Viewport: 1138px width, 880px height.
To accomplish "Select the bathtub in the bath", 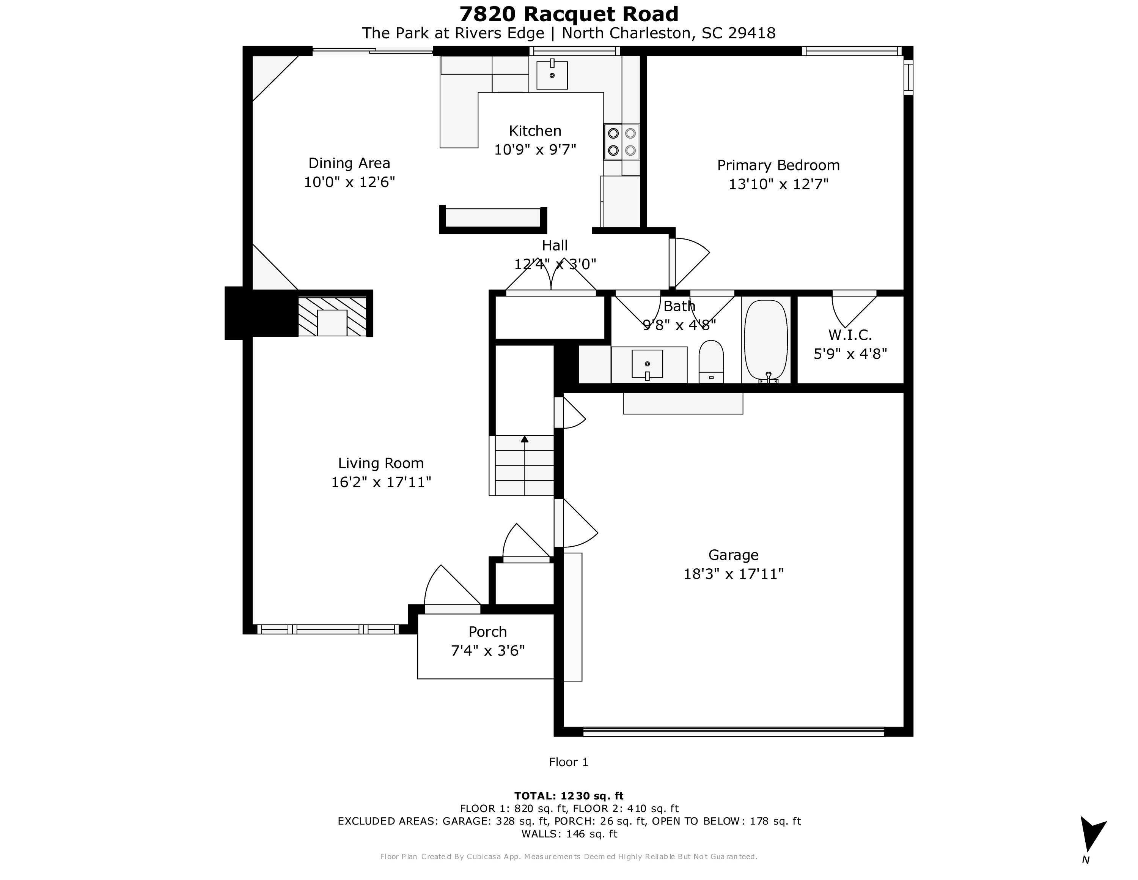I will click(x=765, y=341).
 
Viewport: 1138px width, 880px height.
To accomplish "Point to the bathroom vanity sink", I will click(x=647, y=363).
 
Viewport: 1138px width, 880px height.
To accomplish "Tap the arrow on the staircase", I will click(x=524, y=439).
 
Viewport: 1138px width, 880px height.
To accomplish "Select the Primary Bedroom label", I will click(x=778, y=165).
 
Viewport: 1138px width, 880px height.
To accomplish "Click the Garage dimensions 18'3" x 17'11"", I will click(x=733, y=574).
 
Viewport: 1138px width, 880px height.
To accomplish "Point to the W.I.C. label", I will click(x=850, y=335).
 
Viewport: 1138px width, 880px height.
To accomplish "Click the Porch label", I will click(x=487, y=632).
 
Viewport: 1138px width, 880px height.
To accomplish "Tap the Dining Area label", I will click(x=349, y=163).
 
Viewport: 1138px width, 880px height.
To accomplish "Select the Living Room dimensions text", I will click(x=381, y=482).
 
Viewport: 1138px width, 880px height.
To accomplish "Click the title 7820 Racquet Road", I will click(x=569, y=14).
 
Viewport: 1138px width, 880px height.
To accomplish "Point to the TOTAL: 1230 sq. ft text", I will click(x=569, y=796).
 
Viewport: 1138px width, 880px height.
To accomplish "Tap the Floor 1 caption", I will click(x=569, y=762).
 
